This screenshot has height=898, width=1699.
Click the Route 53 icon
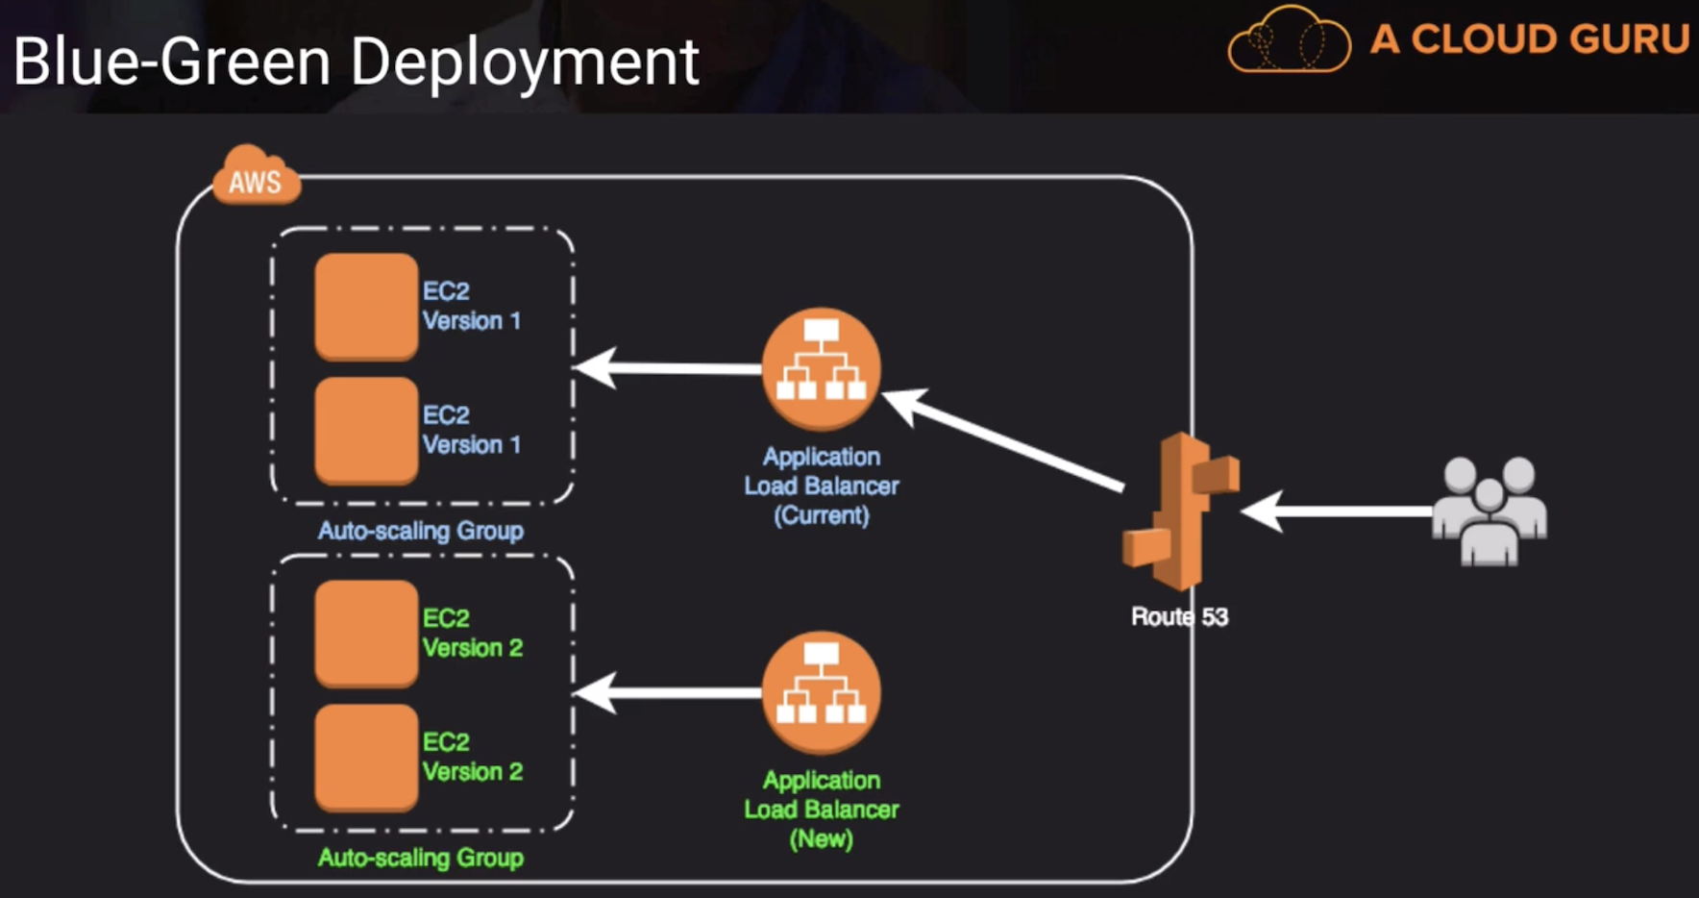(x=1180, y=511)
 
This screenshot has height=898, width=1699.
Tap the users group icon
(x=1489, y=511)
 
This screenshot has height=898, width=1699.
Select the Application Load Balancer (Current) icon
(x=821, y=368)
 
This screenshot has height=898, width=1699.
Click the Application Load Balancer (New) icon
(x=821, y=692)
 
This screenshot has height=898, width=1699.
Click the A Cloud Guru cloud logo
(x=1289, y=40)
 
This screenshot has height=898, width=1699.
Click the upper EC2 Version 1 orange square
(x=366, y=306)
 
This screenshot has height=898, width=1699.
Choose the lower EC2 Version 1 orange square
(x=366, y=430)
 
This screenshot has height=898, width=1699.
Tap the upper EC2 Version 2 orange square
(x=366, y=633)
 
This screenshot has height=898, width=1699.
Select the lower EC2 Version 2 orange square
(x=366, y=757)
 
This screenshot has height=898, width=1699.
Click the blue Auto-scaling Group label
(x=421, y=531)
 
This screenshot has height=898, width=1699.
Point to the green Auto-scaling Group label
(x=421, y=858)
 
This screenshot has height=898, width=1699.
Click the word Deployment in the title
(x=525, y=63)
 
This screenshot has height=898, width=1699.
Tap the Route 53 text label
(x=1179, y=617)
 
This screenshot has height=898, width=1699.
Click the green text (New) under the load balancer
(x=821, y=839)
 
